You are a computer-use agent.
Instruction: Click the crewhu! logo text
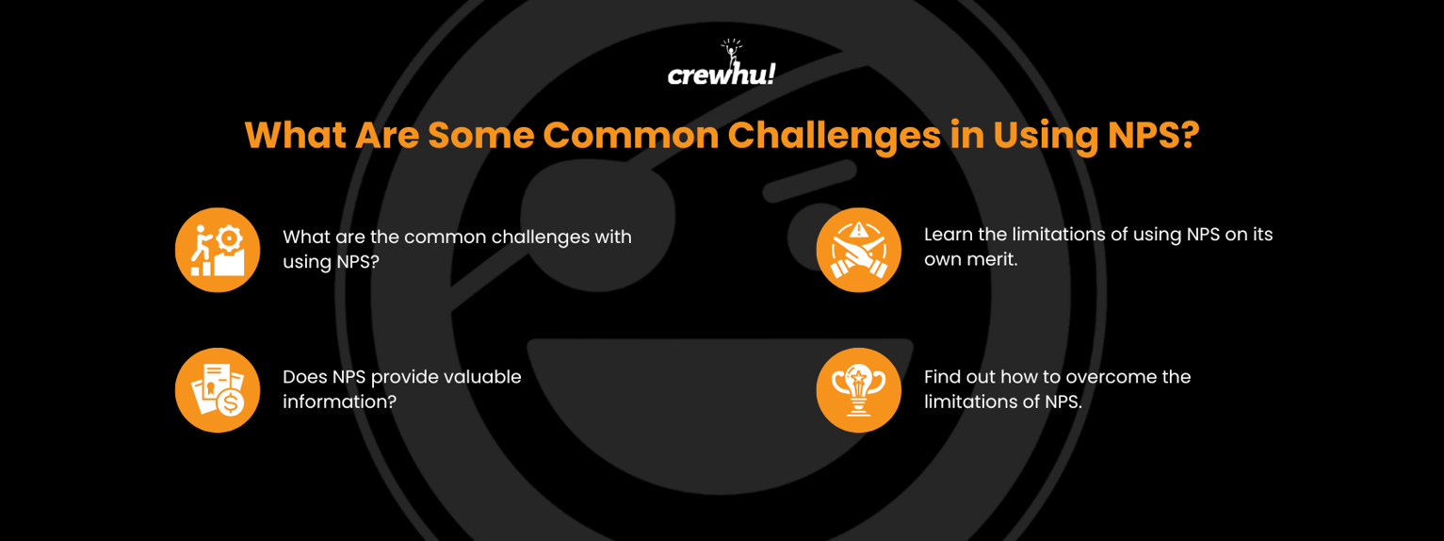pos(721,74)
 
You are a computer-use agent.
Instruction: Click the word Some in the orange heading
pos(479,136)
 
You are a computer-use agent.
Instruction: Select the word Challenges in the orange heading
pos(833,136)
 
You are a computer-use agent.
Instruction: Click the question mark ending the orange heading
pos(1189,136)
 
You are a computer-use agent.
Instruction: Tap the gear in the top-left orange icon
pos(228,238)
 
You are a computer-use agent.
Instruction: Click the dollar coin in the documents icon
pos(229,402)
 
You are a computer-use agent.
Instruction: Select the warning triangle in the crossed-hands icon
pos(858,231)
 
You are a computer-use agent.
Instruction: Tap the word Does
pos(305,377)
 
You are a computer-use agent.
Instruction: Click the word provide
pos(406,378)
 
